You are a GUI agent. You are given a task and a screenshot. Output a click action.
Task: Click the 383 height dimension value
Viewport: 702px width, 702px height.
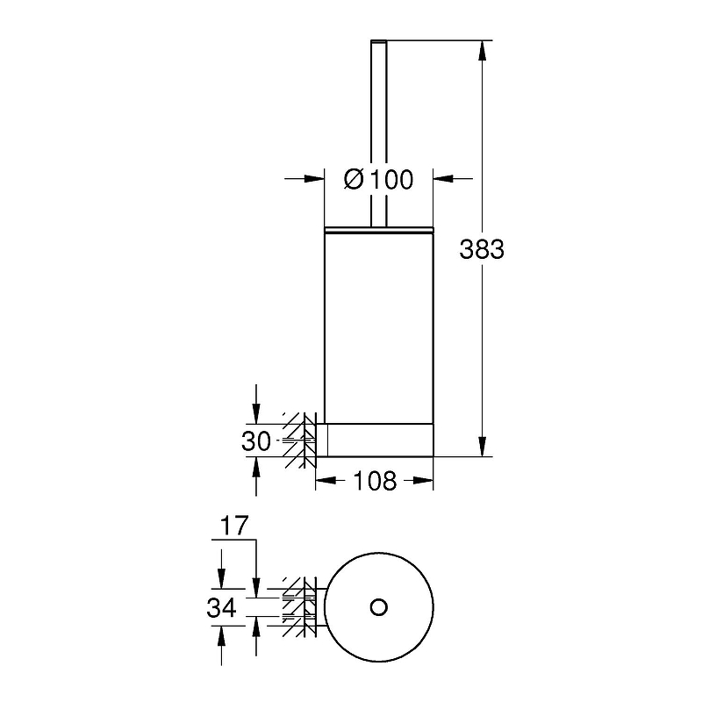click(x=482, y=249)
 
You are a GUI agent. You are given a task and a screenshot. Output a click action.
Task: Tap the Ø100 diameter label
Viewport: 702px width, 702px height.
click(x=379, y=180)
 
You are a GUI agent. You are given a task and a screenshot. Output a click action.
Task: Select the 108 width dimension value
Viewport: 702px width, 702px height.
click(x=375, y=481)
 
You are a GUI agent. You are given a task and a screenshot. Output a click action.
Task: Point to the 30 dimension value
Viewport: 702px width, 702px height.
click(x=256, y=441)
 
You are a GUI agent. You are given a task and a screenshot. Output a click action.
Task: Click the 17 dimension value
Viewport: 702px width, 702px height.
click(x=234, y=526)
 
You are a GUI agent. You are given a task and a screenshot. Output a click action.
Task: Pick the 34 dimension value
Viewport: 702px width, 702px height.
click(x=222, y=608)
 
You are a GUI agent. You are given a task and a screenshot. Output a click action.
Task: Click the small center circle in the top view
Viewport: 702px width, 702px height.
click(x=379, y=607)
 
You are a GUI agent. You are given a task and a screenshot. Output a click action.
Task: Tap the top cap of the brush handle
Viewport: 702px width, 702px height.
click(x=379, y=41)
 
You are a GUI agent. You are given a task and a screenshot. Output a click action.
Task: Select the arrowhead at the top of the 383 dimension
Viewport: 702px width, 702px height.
click(x=482, y=51)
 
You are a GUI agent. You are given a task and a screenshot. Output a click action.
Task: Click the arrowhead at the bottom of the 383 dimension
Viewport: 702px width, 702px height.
click(x=482, y=447)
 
